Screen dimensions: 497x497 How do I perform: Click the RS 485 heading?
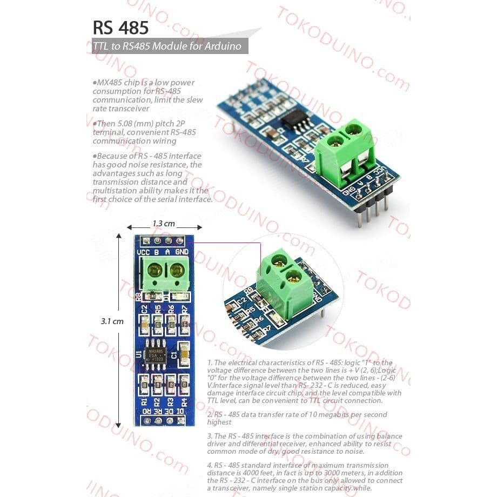(120, 28)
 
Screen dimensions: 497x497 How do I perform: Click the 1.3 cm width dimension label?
(163, 224)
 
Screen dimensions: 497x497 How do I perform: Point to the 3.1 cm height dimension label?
(112, 321)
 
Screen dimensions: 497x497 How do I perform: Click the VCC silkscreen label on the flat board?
(144, 252)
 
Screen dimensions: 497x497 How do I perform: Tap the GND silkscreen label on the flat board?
(182, 252)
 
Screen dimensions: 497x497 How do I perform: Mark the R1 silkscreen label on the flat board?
(144, 401)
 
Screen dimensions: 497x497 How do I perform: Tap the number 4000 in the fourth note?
(242, 473)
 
